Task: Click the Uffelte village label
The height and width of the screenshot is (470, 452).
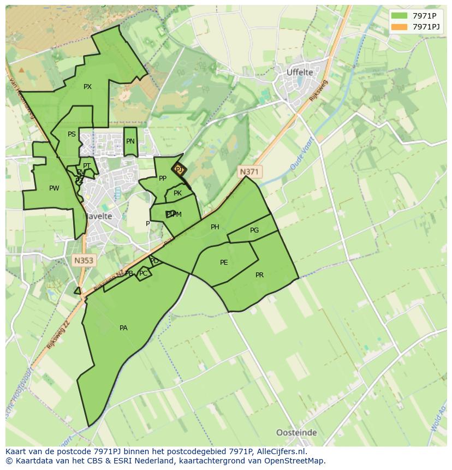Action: [300, 72]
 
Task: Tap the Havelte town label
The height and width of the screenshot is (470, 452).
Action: [97, 216]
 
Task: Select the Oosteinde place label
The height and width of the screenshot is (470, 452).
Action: [296, 432]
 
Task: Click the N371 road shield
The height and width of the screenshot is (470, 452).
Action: [249, 172]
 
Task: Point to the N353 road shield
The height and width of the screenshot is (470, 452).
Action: [84, 260]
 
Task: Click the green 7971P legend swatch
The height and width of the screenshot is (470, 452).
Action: [399, 15]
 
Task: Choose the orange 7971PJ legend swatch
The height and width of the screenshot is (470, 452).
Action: [399, 26]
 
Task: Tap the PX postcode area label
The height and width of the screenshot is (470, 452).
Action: [87, 87]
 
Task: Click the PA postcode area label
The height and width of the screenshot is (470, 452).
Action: [123, 328]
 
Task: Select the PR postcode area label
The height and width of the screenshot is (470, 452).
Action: [259, 275]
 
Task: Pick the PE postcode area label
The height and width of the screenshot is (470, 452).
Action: [224, 263]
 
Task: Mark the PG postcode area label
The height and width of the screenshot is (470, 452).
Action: [254, 230]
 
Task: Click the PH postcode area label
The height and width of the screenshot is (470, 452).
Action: [215, 227]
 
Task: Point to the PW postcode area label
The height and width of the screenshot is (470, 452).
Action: [54, 188]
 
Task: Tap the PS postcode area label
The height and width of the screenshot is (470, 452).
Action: [72, 134]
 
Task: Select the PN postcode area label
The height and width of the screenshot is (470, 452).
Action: [130, 141]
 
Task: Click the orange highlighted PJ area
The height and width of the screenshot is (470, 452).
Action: [179, 170]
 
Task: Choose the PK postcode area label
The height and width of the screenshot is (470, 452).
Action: [177, 193]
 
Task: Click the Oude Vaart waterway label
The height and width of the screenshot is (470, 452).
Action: [301, 157]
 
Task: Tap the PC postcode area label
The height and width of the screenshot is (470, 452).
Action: [143, 273]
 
